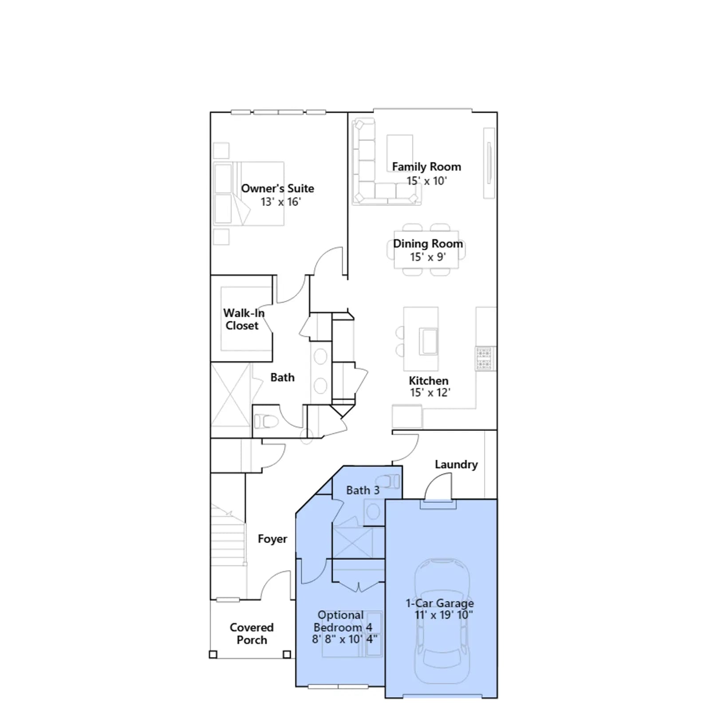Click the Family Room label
coord(426,167)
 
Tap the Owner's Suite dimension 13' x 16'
coord(280,202)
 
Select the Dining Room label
coord(428,244)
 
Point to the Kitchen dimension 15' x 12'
coord(430,393)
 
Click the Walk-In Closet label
coord(244,319)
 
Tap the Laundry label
coord(456,465)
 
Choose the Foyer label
coord(272,539)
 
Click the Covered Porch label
coord(252,634)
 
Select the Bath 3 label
coord(363,490)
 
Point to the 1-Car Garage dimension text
coord(444,615)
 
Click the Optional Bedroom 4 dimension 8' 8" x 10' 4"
coord(344,639)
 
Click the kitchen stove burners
coord(484,359)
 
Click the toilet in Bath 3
coord(388,481)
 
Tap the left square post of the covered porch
coord(213,655)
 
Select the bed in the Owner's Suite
coord(248,193)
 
